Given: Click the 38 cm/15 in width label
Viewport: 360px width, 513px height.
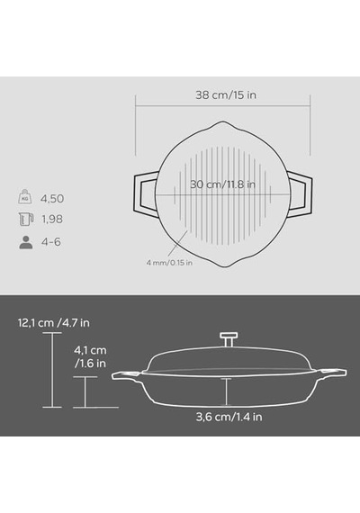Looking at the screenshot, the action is [226, 94].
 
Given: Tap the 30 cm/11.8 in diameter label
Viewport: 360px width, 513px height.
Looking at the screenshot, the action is [222, 184].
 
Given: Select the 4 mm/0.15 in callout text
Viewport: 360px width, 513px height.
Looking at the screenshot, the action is [169, 263].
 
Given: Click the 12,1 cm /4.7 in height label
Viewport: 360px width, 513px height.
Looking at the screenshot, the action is [54, 323].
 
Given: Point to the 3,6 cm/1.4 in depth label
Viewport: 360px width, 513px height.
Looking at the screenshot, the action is [229, 417].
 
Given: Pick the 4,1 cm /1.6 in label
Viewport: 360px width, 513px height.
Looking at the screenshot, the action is [90, 356].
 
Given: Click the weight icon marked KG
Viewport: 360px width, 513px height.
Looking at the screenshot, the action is [25, 196].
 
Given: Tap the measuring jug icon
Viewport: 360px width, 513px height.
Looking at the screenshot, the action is [26, 219].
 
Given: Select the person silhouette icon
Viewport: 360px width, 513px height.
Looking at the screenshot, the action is [26, 242].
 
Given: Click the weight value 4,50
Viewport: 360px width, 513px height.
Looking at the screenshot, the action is [52, 199].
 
